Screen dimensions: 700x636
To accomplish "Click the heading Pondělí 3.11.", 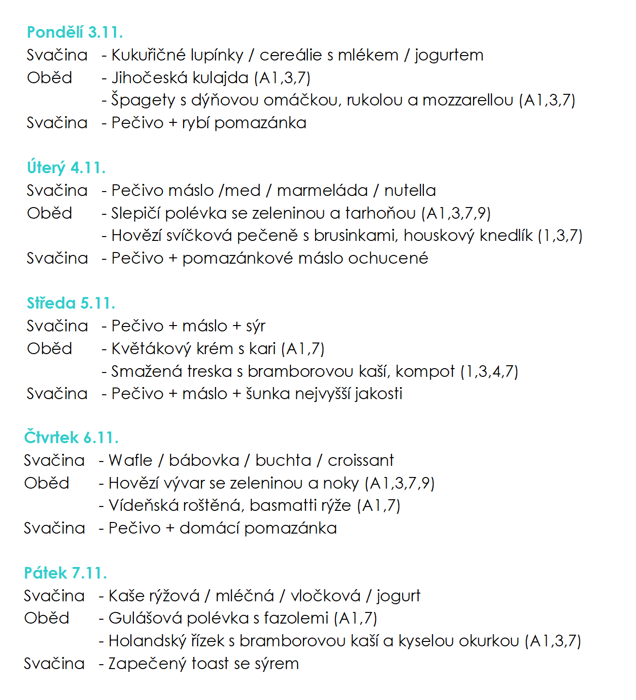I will [x=75, y=32].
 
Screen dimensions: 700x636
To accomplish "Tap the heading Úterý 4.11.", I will [x=66, y=168].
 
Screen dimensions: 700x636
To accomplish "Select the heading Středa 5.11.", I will [x=71, y=303].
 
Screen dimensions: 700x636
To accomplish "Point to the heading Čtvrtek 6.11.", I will [x=71, y=438].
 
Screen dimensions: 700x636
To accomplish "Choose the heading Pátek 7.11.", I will [x=65, y=573].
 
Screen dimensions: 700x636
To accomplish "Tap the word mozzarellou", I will [x=468, y=100].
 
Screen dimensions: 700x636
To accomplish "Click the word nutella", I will [x=410, y=191].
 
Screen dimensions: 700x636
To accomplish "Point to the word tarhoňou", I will [x=380, y=213].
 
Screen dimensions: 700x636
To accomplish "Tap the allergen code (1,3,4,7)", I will [x=489, y=372].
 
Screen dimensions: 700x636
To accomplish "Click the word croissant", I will [x=361, y=461].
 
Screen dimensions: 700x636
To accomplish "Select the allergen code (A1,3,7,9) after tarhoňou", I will [x=456, y=213].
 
